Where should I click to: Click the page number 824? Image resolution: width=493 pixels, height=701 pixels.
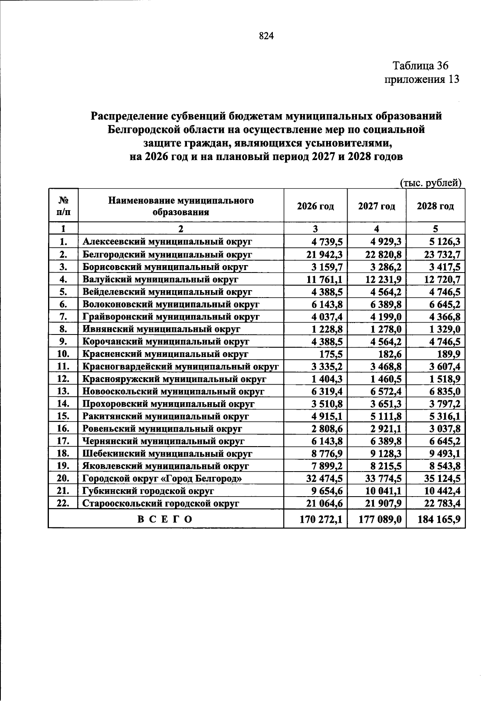[266, 37]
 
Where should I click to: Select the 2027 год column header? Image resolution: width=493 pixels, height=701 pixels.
[376, 206]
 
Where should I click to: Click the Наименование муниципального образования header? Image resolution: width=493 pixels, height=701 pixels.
[181, 206]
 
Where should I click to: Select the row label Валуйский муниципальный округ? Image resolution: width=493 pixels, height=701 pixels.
[161, 279]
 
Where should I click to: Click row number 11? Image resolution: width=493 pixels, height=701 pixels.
[63, 367]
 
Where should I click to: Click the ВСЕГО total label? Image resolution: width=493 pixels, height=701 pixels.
[165, 519]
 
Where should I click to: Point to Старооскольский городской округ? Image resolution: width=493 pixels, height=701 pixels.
[161, 504]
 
